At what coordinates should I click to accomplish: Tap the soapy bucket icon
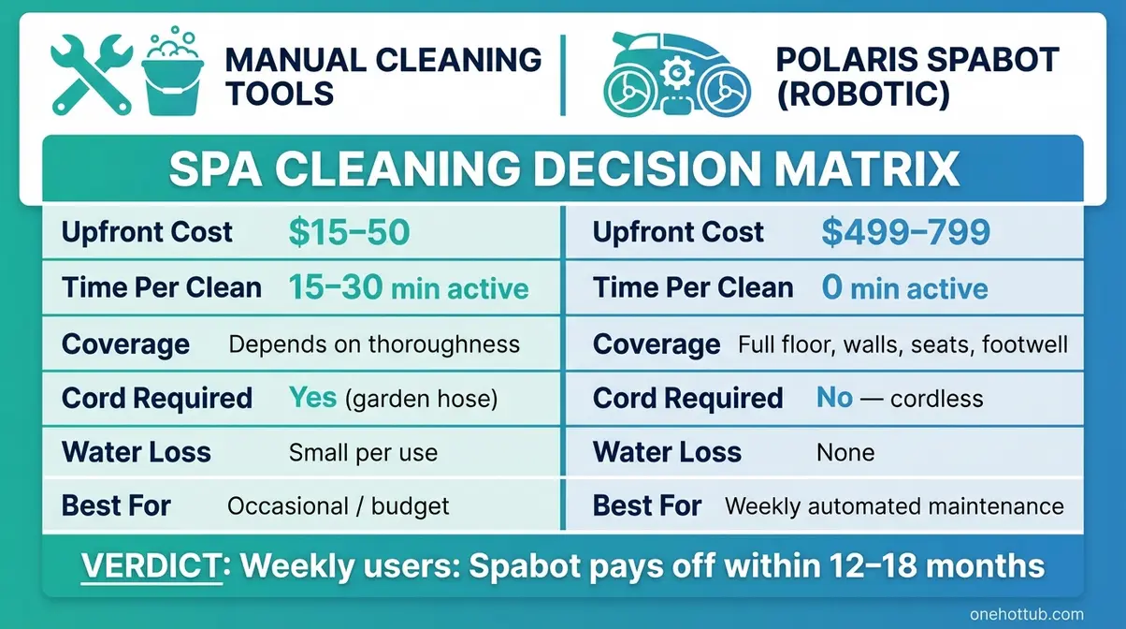[x=171, y=75]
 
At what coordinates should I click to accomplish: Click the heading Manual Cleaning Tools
[x=383, y=77]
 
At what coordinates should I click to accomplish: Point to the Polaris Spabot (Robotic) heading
[x=916, y=77]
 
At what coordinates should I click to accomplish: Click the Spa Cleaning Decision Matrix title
[x=563, y=169]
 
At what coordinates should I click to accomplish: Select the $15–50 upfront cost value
[x=349, y=232]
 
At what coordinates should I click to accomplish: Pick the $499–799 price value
[x=905, y=232]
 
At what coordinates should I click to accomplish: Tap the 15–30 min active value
[x=408, y=288]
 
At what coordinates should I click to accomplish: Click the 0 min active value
[x=904, y=288]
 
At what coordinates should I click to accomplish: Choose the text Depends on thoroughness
[x=374, y=344]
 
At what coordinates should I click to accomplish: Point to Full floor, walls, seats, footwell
[x=902, y=344]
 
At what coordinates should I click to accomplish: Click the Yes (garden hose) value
[x=393, y=399]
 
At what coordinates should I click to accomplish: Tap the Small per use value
[x=363, y=453]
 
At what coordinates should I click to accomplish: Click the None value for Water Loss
[x=845, y=453]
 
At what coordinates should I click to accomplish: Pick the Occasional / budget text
[x=339, y=506]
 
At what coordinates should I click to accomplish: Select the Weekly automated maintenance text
[x=894, y=506]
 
